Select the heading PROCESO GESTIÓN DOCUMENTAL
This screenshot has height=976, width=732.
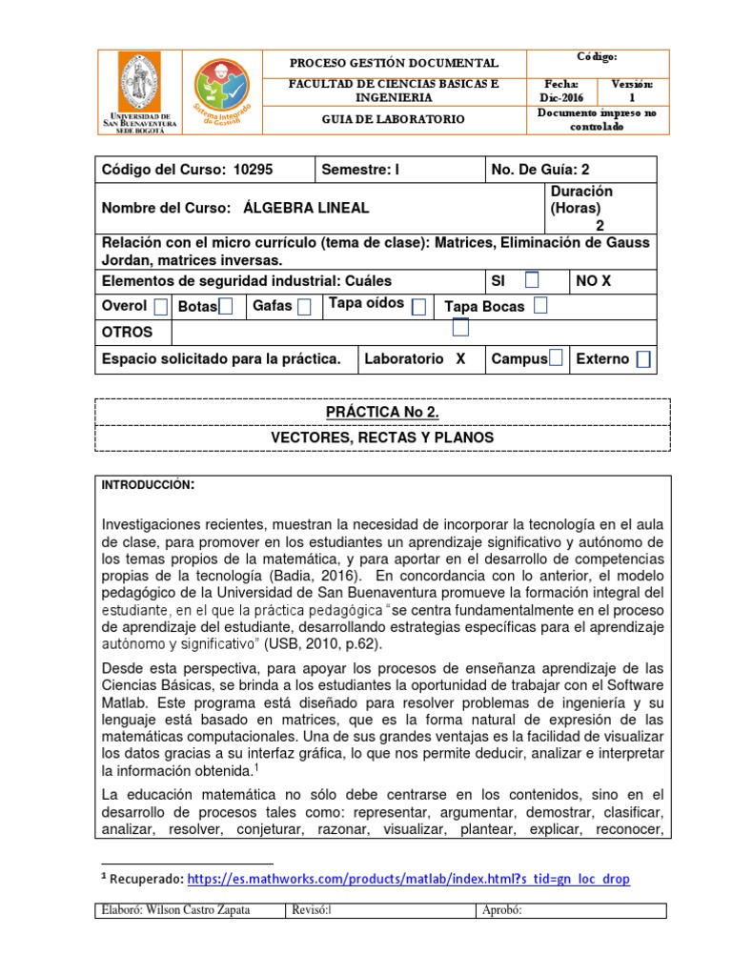[394, 63]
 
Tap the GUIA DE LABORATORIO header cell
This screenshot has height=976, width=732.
[394, 119]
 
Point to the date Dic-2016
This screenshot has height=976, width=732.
[559, 97]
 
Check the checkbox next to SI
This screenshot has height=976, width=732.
[532, 279]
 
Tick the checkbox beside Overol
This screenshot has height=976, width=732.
[160, 306]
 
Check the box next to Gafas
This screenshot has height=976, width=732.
[304, 307]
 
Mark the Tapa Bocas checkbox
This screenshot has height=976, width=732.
[540, 306]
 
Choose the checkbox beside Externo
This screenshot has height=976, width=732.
[644, 359]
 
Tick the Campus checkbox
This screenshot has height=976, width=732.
[556, 358]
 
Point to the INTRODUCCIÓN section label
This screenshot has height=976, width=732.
[148, 486]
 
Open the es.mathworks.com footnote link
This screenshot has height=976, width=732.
[408, 879]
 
